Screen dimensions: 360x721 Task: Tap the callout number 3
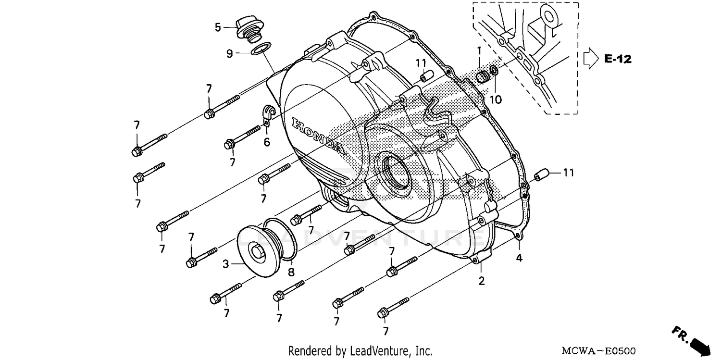click(x=225, y=263)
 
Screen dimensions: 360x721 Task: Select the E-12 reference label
click(x=618, y=59)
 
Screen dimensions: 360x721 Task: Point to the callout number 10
click(x=496, y=99)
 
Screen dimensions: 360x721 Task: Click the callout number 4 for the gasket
click(x=519, y=258)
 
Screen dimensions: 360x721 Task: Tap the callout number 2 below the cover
click(x=481, y=281)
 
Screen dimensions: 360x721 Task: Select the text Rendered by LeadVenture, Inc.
click(x=360, y=351)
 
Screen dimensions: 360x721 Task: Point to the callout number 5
click(x=218, y=27)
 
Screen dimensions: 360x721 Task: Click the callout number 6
click(x=267, y=142)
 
